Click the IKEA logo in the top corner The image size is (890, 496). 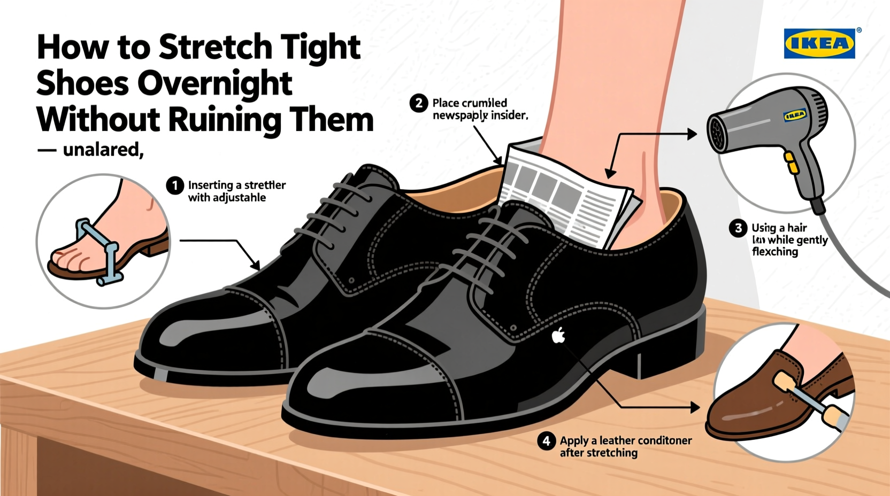(x=819, y=43)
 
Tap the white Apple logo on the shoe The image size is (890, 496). (x=558, y=335)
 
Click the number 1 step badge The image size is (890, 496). (x=175, y=185)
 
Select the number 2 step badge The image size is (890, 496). (x=419, y=103)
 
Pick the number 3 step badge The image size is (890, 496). (x=738, y=228)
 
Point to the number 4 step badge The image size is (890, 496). (x=546, y=441)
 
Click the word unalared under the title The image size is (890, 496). (x=103, y=150)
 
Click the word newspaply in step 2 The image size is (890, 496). (x=460, y=115)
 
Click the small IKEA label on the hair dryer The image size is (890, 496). (x=795, y=115)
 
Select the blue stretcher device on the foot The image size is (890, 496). (x=102, y=251)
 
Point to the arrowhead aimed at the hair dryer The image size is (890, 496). (x=692, y=134)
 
